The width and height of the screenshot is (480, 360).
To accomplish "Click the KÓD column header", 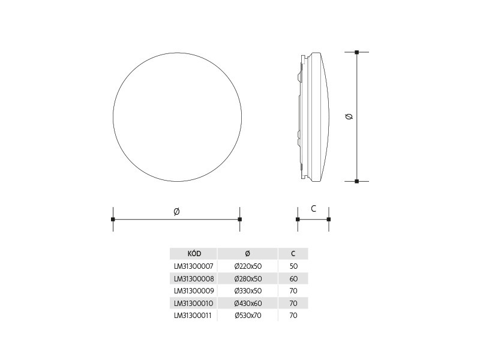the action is (x=194, y=254).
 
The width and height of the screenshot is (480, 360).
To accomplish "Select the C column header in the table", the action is (x=293, y=254).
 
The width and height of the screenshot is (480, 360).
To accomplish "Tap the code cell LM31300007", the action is (x=193, y=266).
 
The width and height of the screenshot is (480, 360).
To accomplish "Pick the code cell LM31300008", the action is (x=194, y=279).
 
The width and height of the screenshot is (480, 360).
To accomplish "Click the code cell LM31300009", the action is (x=194, y=291).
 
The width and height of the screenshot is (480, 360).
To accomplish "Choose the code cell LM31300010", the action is (x=193, y=304).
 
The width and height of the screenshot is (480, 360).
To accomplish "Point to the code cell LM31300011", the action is (x=193, y=316).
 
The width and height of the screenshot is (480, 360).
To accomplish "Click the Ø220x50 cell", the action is (x=248, y=266).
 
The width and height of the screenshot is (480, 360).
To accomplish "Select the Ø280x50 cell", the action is (x=248, y=279).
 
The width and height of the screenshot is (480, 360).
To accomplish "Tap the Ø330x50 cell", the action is (x=248, y=291).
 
